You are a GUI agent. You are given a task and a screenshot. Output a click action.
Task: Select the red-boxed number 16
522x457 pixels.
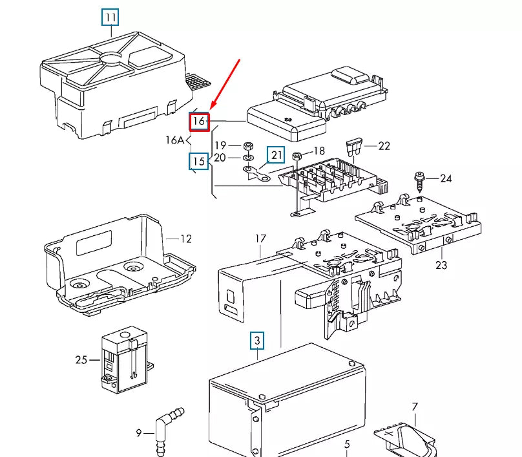click(199, 121)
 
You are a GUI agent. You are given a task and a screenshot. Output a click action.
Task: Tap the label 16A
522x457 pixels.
click(175, 140)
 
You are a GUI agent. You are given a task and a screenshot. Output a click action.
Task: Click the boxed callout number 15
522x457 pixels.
click(198, 161)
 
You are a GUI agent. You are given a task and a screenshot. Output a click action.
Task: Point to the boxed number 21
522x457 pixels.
click(277, 155)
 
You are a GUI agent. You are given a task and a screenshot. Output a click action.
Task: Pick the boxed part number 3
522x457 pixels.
click(257, 340)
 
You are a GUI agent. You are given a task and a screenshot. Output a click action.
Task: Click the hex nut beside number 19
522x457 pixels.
click(249, 145)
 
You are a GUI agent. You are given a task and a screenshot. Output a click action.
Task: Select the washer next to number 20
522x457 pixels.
click(249, 158)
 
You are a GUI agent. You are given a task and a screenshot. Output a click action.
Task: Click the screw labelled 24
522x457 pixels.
click(419, 178)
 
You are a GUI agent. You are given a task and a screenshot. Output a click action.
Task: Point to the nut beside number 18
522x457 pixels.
click(297, 156)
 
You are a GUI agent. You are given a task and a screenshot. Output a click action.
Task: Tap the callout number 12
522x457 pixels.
click(185, 239)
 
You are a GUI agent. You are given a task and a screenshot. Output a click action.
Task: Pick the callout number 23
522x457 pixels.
click(441, 264)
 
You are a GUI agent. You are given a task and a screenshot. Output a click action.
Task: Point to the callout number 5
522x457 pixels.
click(346, 444)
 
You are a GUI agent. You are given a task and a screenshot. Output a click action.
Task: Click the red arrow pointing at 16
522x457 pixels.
click(227, 84)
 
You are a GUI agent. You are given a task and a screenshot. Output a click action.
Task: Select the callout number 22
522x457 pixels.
click(384, 147)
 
